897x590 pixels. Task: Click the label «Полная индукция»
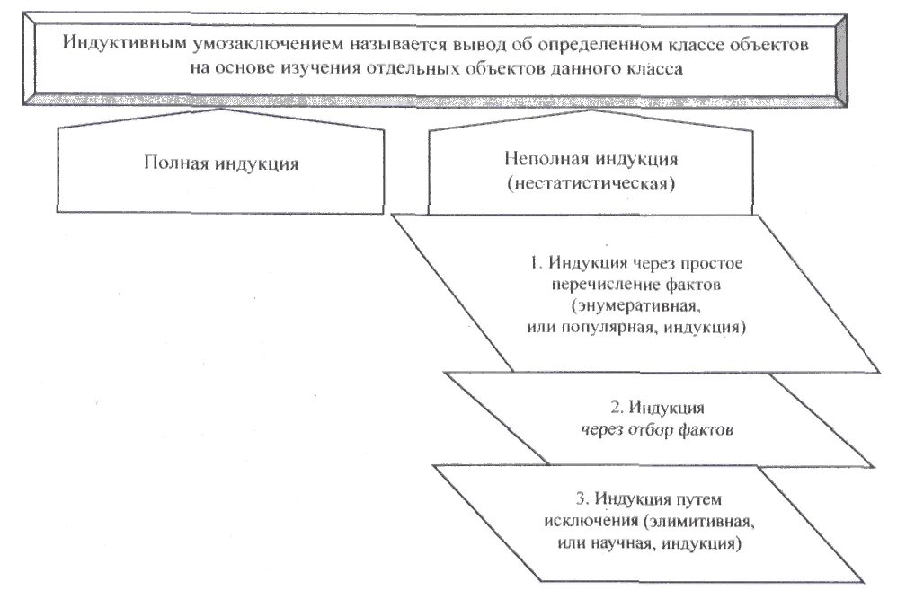219,163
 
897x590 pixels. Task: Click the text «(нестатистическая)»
589,185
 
